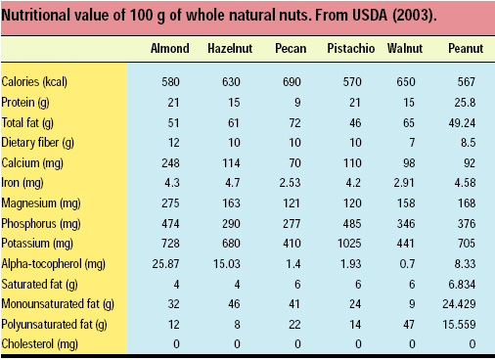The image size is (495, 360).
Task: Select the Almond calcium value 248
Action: click(170, 162)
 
